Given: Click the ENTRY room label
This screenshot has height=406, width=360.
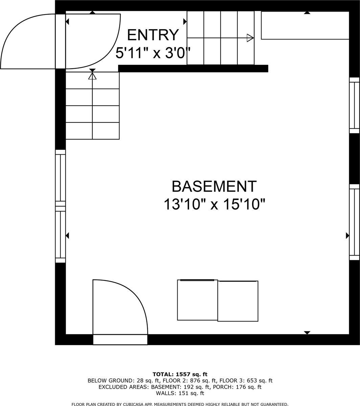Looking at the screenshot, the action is click(153, 35).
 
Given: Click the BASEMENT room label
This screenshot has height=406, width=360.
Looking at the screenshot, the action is click(214, 186).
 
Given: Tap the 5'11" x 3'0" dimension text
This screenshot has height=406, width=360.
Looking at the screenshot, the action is click(153, 53).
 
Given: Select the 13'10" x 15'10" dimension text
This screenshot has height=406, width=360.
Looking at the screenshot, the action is click(215, 204).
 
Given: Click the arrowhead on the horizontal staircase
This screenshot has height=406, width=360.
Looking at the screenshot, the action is click(250, 38).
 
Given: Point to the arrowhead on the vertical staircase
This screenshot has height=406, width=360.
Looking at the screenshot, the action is click(92, 76).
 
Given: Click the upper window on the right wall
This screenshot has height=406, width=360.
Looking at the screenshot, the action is click(354, 105).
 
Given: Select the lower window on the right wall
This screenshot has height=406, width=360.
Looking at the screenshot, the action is click(354, 222).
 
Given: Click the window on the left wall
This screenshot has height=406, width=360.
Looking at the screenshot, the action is click(60, 206).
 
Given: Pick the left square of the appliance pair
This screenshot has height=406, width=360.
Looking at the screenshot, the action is click(198, 300).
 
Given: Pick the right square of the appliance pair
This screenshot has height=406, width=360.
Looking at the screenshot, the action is click(238, 301).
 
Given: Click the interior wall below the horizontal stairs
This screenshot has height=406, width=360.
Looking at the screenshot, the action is click(193, 68).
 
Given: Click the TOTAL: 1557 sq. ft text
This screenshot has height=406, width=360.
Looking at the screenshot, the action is click(180, 374).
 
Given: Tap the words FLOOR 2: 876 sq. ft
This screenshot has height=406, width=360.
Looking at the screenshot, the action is click(190, 380).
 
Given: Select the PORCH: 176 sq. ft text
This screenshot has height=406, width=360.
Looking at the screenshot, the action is click(237, 387).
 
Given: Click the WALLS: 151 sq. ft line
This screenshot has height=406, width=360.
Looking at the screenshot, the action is click(180, 393).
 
